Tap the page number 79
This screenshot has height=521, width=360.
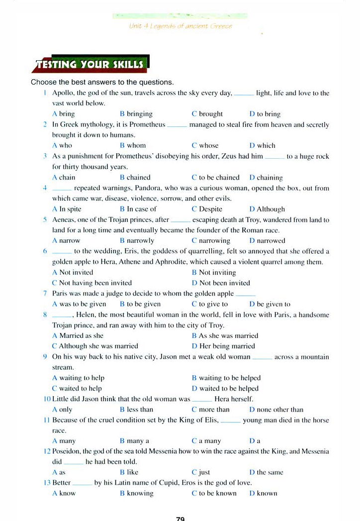180,518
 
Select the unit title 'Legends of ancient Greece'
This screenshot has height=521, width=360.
180,26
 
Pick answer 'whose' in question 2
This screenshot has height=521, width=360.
208,145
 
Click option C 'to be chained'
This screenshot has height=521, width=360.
219,177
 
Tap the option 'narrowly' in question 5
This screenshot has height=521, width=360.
140,240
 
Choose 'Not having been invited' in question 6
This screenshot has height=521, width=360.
95,283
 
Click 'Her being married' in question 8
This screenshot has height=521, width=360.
227,346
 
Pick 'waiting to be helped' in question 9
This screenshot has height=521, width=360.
229,378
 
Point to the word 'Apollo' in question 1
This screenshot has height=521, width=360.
63,93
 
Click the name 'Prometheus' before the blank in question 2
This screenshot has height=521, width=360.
148,124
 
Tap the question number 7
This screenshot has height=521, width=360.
45,294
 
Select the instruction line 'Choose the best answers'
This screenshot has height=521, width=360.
102,82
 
